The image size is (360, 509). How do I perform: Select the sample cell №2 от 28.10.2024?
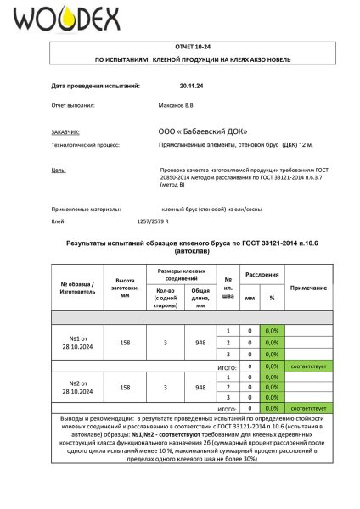[x=77, y=386]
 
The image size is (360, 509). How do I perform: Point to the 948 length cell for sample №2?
[x=200, y=386]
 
